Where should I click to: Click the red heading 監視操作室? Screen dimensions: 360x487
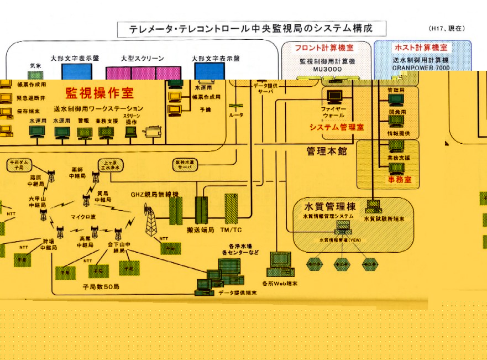(x=100, y=92)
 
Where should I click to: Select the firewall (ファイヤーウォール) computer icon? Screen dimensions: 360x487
(x=334, y=97)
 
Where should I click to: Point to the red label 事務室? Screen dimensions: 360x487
(x=400, y=180)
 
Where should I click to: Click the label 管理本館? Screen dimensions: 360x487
(x=327, y=151)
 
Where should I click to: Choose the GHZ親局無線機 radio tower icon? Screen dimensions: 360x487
(x=150, y=220)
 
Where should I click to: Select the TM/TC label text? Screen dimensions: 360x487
(x=231, y=229)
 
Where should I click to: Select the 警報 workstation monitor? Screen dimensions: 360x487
(x=84, y=132)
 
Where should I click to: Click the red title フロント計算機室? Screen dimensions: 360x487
(x=320, y=48)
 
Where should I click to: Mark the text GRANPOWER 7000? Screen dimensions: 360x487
(x=422, y=67)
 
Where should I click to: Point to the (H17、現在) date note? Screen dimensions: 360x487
(x=448, y=28)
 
